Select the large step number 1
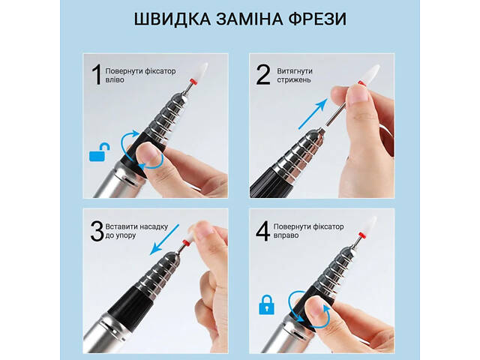(95, 74)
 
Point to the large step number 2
(263, 76)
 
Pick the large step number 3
(97, 232)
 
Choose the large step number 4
(263, 232)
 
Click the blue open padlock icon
(97, 154)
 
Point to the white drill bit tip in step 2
(370, 76)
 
